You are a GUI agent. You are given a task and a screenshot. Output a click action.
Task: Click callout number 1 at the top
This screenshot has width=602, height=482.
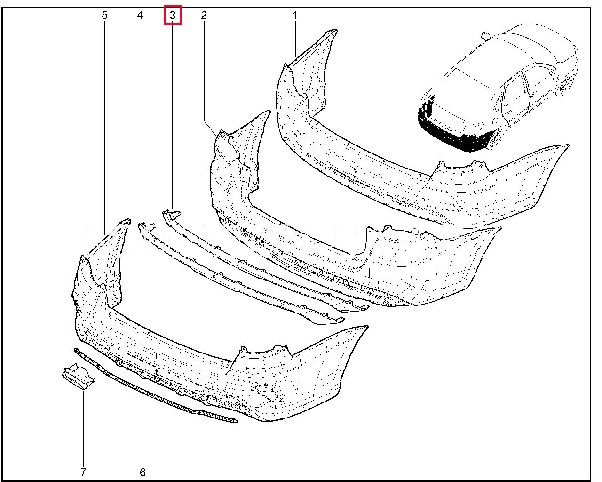(x=295, y=16)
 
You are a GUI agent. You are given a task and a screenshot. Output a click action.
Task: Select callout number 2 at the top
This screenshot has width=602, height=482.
(x=204, y=15)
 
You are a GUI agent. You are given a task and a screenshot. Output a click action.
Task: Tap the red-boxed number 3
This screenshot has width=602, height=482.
(x=173, y=15)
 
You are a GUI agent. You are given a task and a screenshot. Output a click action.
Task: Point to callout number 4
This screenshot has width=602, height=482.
(x=140, y=15)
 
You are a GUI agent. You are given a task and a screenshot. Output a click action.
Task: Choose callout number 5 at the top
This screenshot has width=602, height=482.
(x=104, y=15)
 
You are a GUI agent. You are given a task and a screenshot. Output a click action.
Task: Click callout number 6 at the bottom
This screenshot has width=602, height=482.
(x=143, y=473)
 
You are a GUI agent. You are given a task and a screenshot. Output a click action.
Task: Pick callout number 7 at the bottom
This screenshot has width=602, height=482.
(x=83, y=473)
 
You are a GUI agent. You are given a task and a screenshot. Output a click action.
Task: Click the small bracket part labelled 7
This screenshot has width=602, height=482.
(x=79, y=377)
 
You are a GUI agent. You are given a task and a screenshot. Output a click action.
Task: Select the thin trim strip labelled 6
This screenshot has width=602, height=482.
(x=155, y=390)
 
